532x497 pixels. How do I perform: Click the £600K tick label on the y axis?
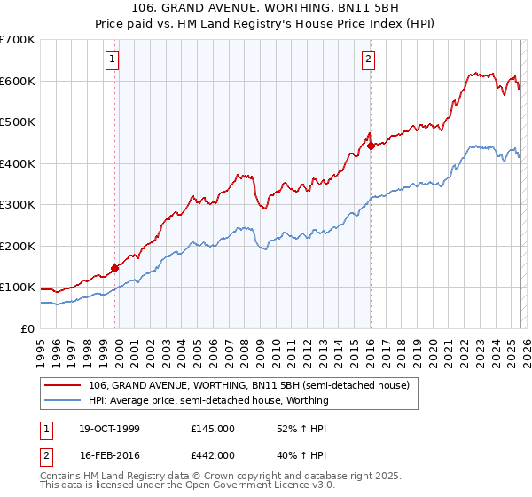point(18,81)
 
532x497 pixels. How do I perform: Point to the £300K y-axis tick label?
point(18,204)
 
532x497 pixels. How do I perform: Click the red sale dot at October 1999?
point(114,268)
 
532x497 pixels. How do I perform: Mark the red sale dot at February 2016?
point(371,146)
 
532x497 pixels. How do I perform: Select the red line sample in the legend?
point(62,386)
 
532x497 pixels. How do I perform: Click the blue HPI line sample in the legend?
point(62,400)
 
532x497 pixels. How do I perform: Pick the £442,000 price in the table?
point(213,454)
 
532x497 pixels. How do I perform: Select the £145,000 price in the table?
point(213,429)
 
